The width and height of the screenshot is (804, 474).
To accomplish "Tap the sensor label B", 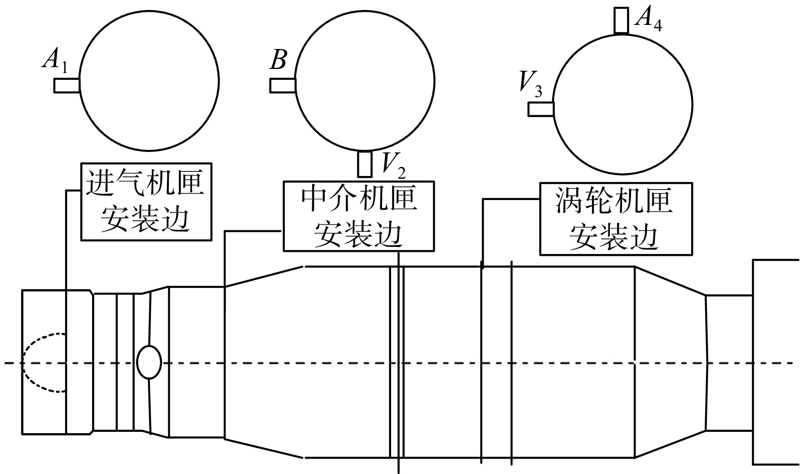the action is point(278,60).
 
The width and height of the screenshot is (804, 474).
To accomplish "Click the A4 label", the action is point(648,19).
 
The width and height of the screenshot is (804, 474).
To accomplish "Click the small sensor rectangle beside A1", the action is point(67,85).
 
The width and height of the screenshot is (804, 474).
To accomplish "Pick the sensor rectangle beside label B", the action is point(283,85).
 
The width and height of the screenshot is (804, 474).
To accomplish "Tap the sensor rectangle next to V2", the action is point(365,164).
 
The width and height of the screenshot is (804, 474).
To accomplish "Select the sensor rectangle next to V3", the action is point(541,109).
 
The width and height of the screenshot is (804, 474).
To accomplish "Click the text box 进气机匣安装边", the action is point(146,201).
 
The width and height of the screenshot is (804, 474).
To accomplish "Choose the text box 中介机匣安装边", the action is point(358,216).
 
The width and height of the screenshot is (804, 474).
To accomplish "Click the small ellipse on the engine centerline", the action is point(149,362).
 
